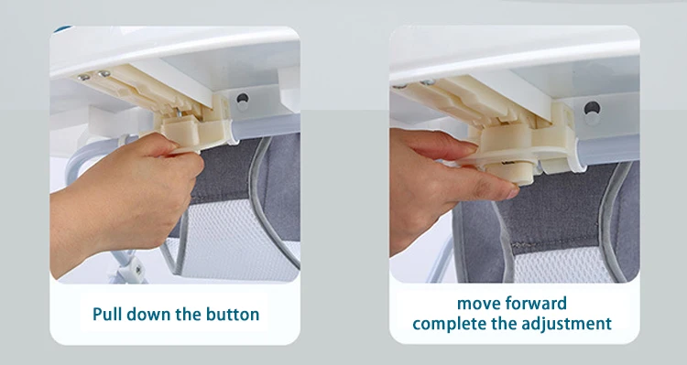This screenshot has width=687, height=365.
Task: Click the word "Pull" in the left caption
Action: coord(109,314)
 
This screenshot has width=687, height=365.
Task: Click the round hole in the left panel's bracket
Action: coord(243,95)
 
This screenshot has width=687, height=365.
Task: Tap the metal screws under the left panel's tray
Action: coord(91,76)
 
